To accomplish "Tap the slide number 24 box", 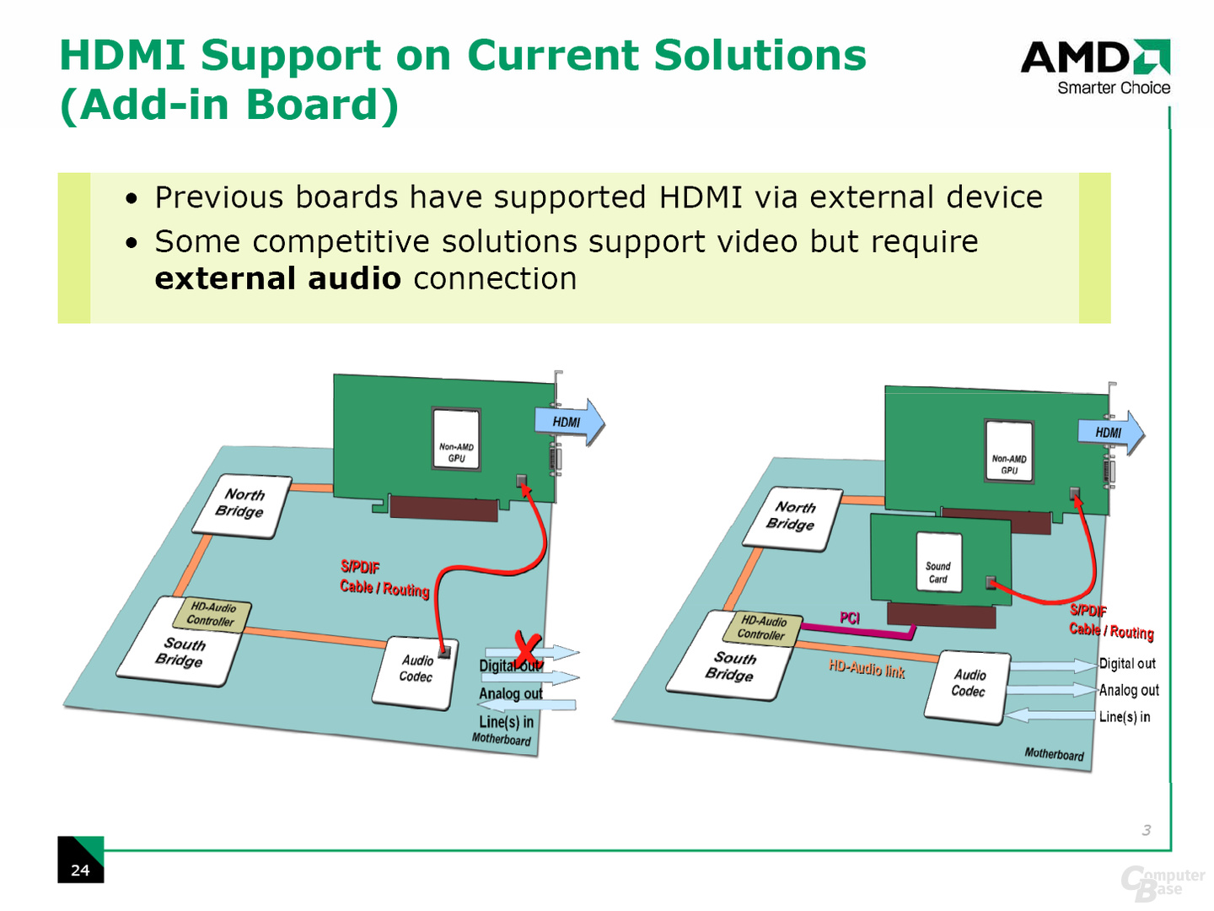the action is pyautogui.click(x=81, y=859).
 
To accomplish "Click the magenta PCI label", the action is pyautogui.click(x=850, y=617).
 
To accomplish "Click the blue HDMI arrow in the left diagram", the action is pyautogui.click(x=570, y=423).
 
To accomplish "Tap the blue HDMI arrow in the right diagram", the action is pyautogui.click(x=1111, y=433).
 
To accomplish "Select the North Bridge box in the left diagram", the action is pyautogui.click(x=242, y=505).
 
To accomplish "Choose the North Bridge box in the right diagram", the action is pyautogui.click(x=792, y=518).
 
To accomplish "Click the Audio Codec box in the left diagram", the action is pyautogui.click(x=416, y=672).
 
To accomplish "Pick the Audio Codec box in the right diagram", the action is pyautogui.click(x=967, y=687).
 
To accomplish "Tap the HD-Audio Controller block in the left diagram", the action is pyautogui.click(x=212, y=614).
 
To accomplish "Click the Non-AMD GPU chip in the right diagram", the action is pyautogui.click(x=1009, y=450).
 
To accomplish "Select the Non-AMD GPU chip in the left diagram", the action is pyautogui.click(x=456, y=439).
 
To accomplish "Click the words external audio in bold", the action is pyautogui.click(x=277, y=278).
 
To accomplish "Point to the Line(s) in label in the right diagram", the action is pyautogui.click(x=1125, y=717).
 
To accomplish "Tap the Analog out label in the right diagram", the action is pyautogui.click(x=1128, y=690).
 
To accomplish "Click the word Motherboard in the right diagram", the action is pyautogui.click(x=1054, y=754).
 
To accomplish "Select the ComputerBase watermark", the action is pyautogui.click(x=1162, y=883).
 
